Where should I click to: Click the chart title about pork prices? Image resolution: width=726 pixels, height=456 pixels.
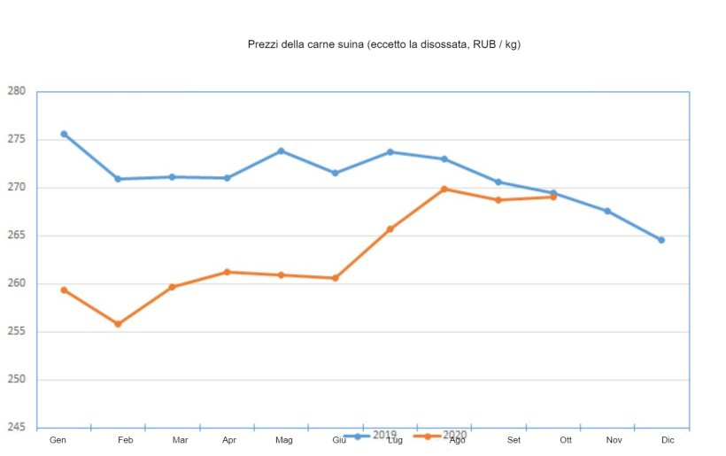pyautogui.click(x=383, y=44)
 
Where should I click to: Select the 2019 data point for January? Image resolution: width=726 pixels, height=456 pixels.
pyautogui.click(x=64, y=134)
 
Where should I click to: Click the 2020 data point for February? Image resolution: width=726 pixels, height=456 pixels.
pyautogui.click(x=118, y=324)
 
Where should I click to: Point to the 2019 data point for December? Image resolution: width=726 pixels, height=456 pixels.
pyautogui.click(x=661, y=240)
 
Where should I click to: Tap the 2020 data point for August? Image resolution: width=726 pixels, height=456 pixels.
pyautogui.click(x=444, y=189)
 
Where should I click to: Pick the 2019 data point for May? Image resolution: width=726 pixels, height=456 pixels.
pyautogui.click(x=282, y=151)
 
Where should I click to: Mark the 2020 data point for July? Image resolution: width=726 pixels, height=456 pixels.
pyautogui.click(x=390, y=229)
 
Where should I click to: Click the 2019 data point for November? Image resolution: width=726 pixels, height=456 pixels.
pyautogui.click(x=607, y=211)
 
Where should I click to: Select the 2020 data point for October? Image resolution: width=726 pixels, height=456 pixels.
pyautogui.click(x=553, y=197)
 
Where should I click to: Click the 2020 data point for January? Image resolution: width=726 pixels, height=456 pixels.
pyautogui.click(x=64, y=290)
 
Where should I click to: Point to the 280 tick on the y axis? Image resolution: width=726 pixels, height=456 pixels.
pyautogui.click(x=17, y=91)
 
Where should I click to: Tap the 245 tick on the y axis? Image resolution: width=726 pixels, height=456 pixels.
pyautogui.click(x=17, y=428)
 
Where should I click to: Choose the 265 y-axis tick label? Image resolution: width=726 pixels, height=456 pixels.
pyautogui.click(x=17, y=236)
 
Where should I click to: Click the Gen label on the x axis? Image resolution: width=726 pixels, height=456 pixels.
pyautogui.click(x=58, y=440)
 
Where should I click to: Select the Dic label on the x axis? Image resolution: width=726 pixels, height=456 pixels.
pyautogui.click(x=668, y=440)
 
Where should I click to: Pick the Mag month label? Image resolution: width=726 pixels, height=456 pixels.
pyautogui.click(x=284, y=440)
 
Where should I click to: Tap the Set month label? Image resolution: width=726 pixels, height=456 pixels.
pyautogui.click(x=514, y=440)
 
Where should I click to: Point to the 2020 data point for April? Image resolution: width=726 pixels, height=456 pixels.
pyautogui.click(x=228, y=272)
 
